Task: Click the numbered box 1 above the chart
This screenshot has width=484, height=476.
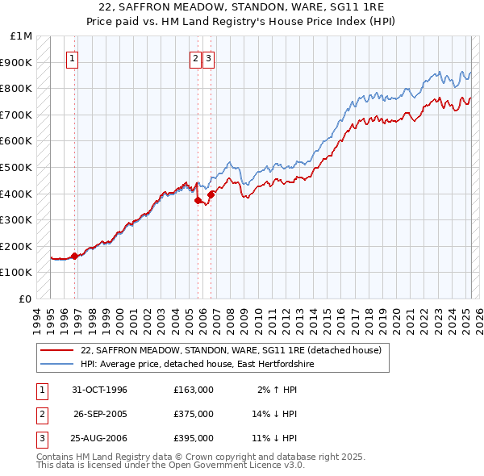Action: [72, 58]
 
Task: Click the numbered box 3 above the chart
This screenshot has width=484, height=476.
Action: [208, 58]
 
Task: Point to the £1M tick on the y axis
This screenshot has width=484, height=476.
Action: [22, 36]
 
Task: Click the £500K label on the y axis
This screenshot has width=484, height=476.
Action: [17, 168]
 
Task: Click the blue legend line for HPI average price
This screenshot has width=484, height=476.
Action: [56, 364]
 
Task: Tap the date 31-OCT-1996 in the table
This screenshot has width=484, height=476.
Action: [99, 390]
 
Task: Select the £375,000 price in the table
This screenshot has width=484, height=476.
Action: [193, 414]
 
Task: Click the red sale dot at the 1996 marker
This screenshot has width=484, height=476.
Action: [75, 256]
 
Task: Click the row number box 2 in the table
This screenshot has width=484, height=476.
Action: [40, 414]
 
